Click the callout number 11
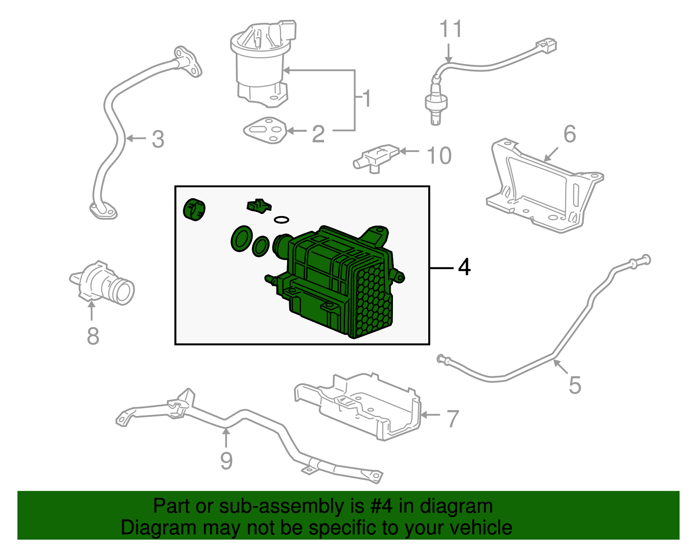tap(450, 30)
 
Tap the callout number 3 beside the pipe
tap(158, 140)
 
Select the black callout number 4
tap(464, 267)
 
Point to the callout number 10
tap(439, 155)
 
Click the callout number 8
tap(93, 336)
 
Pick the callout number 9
tap(226, 461)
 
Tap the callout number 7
tap(453, 419)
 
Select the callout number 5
tap(575, 385)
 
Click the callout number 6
tap(569, 134)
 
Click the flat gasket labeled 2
tap(265, 130)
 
